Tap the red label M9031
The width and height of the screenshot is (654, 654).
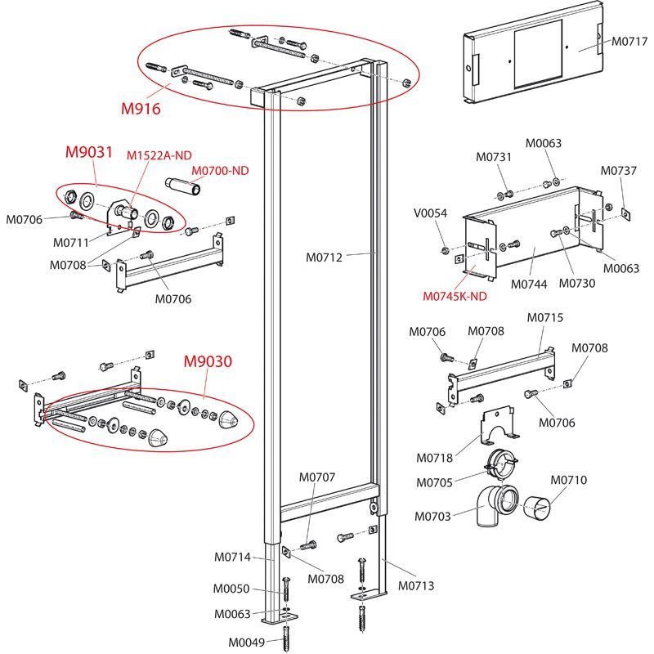[88, 153]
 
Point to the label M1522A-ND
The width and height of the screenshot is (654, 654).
[159, 155]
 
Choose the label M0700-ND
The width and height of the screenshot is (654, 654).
[220, 171]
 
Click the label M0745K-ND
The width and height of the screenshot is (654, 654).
[455, 296]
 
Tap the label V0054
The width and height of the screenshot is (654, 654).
[431, 213]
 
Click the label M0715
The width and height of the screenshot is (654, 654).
[545, 317]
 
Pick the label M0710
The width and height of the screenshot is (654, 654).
[568, 481]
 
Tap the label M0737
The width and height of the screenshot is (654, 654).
[618, 171]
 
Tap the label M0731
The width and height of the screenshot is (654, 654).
[494, 158]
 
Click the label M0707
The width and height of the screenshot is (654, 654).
[317, 477]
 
